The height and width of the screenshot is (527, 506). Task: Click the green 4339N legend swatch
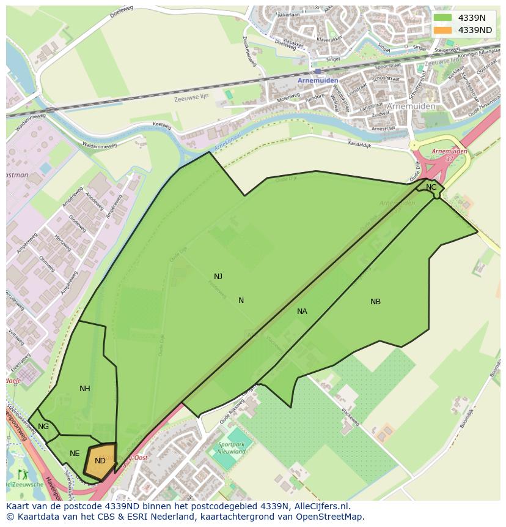[x=443, y=18]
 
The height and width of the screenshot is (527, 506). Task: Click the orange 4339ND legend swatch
[x=443, y=30]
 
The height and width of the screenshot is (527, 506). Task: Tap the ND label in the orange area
[x=100, y=461]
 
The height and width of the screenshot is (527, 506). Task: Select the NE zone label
[x=75, y=454]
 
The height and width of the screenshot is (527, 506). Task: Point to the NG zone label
[x=43, y=427]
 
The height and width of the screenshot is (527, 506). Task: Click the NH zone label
[x=85, y=389]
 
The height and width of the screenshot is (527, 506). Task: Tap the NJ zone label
[x=218, y=277]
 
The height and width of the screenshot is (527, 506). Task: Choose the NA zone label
[x=302, y=312]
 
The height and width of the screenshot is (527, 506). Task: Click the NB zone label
[x=375, y=302]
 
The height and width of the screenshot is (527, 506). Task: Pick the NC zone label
[x=431, y=187]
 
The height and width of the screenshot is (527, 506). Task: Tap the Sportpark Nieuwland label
[x=232, y=448]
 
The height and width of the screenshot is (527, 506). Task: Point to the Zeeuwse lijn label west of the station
[x=191, y=98]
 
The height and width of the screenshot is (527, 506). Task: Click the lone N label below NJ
[x=241, y=301]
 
